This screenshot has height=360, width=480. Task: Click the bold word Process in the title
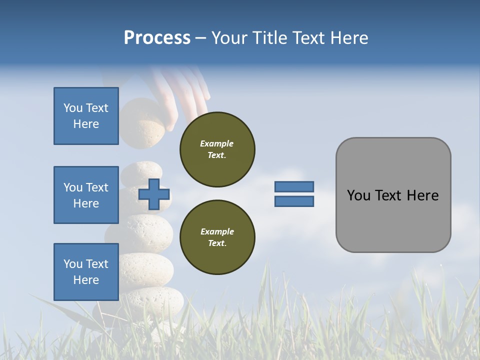pyautogui.click(x=157, y=38)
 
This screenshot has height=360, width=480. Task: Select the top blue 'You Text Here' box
pyautogui.click(x=86, y=116)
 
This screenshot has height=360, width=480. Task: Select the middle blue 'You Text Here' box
pyautogui.click(x=86, y=195)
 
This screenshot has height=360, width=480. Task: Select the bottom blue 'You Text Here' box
pyautogui.click(x=86, y=272)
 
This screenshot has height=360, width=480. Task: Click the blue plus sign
pyautogui.click(x=153, y=194)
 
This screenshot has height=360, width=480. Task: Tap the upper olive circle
pyautogui.click(x=217, y=149)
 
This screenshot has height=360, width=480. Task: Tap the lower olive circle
pyautogui.click(x=217, y=237)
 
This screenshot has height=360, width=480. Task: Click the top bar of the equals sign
pyautogui.click(x=294, y=186)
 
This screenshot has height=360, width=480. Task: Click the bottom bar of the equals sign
pyautogui.click(x=294, y=201)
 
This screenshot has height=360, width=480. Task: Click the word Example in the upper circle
pyautogui.click(x=217, y=143)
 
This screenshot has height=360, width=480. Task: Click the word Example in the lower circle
pyautogui.click(x=217, y=231)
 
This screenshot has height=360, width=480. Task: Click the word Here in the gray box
pyautogui.click(x=423, y=195)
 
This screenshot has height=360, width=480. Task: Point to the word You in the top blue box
pyautogui.click(x=72, y=108)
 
